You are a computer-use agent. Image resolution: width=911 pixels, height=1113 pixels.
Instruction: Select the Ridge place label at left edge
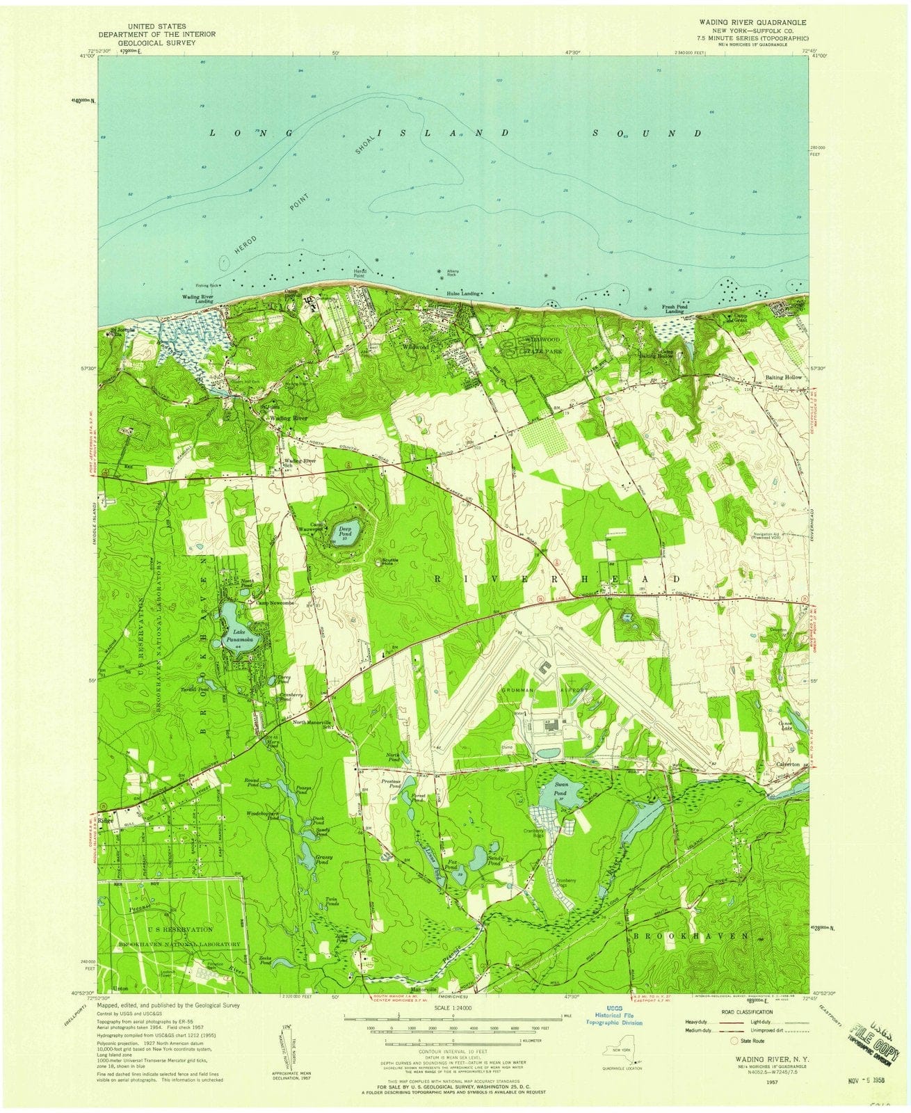(x=106, y=820)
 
